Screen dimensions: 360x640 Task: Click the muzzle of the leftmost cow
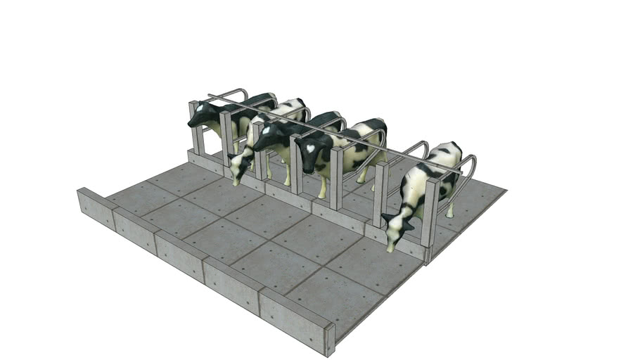coord(191,124)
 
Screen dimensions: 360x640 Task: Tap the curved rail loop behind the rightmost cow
coord(467,169)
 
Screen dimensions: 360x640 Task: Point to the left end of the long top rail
coord(210,96)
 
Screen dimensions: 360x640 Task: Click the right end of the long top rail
coord(461,172)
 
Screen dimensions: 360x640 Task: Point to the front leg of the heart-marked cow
coord(323,184)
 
